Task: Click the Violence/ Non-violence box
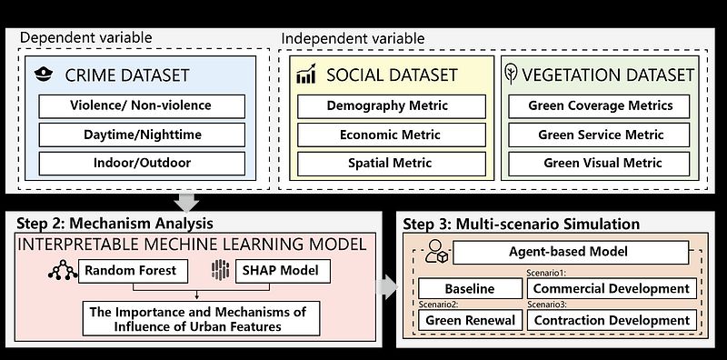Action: click(142, 106)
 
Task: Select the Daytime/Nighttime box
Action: click(142, 135)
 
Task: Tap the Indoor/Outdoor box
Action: click(142, 164)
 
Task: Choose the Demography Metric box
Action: click(392, 106)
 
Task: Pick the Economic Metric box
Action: click(392, 135)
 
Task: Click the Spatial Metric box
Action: click(392, 164)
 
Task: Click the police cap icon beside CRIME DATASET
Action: click(44, 75)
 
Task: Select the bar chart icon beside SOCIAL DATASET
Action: click(306, 74)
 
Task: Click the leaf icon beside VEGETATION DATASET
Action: click(511, 75)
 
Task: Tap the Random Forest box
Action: click(133, 271)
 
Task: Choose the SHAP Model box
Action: click(284, 271)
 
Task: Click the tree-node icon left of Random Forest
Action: click(63, 270)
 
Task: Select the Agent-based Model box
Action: click(571, 253)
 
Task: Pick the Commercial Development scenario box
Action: click(612, 288)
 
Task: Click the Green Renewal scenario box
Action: click(470, 320)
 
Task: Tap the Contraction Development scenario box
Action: click(612, 320)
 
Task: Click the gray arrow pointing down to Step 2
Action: click(187, 203)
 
